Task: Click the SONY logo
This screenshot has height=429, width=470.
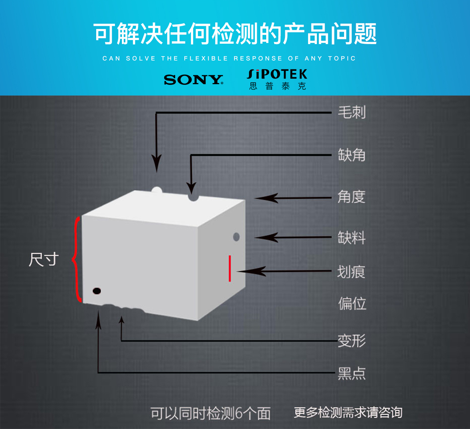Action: [194, 80]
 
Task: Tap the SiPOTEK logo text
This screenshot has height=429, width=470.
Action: [277, 74]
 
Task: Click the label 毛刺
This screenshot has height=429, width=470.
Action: [352, 112]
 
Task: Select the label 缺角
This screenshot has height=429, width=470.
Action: [352, 155]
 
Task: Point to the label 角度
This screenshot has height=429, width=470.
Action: [351, 197]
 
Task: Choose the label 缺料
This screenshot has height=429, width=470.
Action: [352, 238]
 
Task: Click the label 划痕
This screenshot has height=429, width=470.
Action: [351, 272]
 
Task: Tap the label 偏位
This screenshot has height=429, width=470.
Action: [352, 304]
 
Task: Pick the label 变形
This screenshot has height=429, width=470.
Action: [352, 341]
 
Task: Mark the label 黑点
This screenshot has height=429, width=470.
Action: [352, 373]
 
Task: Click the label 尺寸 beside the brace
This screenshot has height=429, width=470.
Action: [44, 259]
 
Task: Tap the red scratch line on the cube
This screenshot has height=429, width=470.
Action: [230, 268]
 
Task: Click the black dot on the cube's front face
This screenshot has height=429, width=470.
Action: [97, 291]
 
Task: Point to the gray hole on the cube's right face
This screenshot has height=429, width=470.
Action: [236, 237]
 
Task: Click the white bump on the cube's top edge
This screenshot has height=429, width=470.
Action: [157, 190]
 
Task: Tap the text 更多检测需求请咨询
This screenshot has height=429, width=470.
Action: [348, 412]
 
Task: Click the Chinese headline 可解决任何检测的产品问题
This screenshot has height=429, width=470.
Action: [235, 34]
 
